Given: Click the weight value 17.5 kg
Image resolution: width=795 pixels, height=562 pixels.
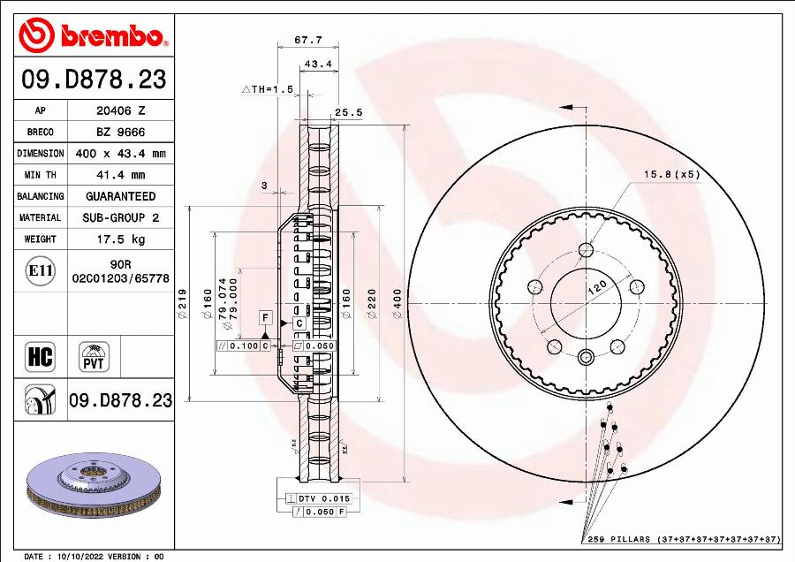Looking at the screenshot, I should pos(120,239).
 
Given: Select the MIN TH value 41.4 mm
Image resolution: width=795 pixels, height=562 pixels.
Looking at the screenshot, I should pos(120,175).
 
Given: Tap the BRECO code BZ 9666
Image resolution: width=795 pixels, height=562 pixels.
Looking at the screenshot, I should pos(120,132).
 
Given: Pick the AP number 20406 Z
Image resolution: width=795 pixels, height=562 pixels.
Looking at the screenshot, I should pos(120,110).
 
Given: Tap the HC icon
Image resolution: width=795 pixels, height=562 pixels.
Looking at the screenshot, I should pos(40,357).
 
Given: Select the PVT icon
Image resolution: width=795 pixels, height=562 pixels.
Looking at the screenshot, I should pos(94,357).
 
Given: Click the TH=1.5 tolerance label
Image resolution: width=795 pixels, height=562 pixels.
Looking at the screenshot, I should pos(267,89).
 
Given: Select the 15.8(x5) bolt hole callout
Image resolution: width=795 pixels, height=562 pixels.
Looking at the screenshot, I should pos(672,174).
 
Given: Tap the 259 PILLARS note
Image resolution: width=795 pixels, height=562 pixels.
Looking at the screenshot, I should pos(681,538).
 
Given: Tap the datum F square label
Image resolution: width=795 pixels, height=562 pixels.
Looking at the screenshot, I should pos(263,316).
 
